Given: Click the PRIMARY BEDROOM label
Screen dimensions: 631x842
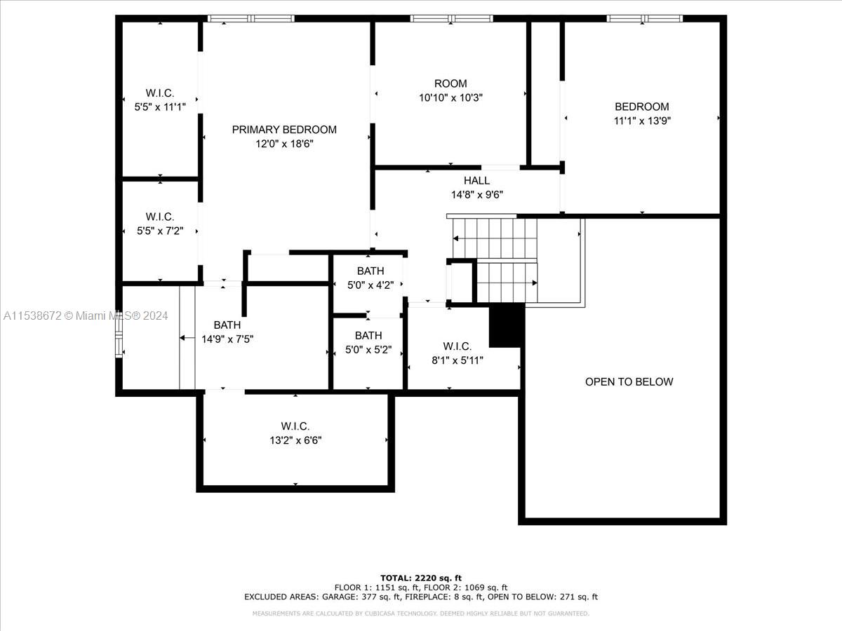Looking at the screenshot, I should [284, 130].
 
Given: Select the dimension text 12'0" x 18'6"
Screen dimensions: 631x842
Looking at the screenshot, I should [284, 144].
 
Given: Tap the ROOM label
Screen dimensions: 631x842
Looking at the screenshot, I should [450, 83].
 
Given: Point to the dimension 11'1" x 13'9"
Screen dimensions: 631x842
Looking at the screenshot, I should [642, 121].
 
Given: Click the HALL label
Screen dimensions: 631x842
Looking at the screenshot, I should [476, 181].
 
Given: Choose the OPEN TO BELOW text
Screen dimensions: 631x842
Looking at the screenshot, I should [629, 382].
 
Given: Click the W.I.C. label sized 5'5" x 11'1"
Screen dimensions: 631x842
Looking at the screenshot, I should [160, 93].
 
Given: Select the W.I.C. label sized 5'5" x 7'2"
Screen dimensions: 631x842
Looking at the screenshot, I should [160, 217].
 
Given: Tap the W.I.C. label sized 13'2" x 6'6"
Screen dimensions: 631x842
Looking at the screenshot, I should [295, 426].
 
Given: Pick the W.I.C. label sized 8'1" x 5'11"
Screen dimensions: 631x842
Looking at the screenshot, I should [457, 346].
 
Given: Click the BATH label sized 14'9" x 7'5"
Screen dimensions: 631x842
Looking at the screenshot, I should [227, 325].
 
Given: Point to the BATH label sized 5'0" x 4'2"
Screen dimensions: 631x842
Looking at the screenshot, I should [370, 271].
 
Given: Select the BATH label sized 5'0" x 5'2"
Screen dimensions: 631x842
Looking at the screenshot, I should [368, 336].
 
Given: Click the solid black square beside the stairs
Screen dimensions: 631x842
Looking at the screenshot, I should [506, 325].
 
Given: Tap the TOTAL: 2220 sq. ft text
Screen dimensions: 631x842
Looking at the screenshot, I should [421, 578].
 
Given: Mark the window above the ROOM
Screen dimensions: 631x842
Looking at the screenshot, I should [451, 18].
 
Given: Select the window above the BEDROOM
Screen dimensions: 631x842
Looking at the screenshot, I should [644, 18].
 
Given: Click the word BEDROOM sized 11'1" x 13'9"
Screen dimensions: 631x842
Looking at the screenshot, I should [642, 107].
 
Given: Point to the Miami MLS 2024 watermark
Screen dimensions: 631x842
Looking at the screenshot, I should [86, 316].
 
